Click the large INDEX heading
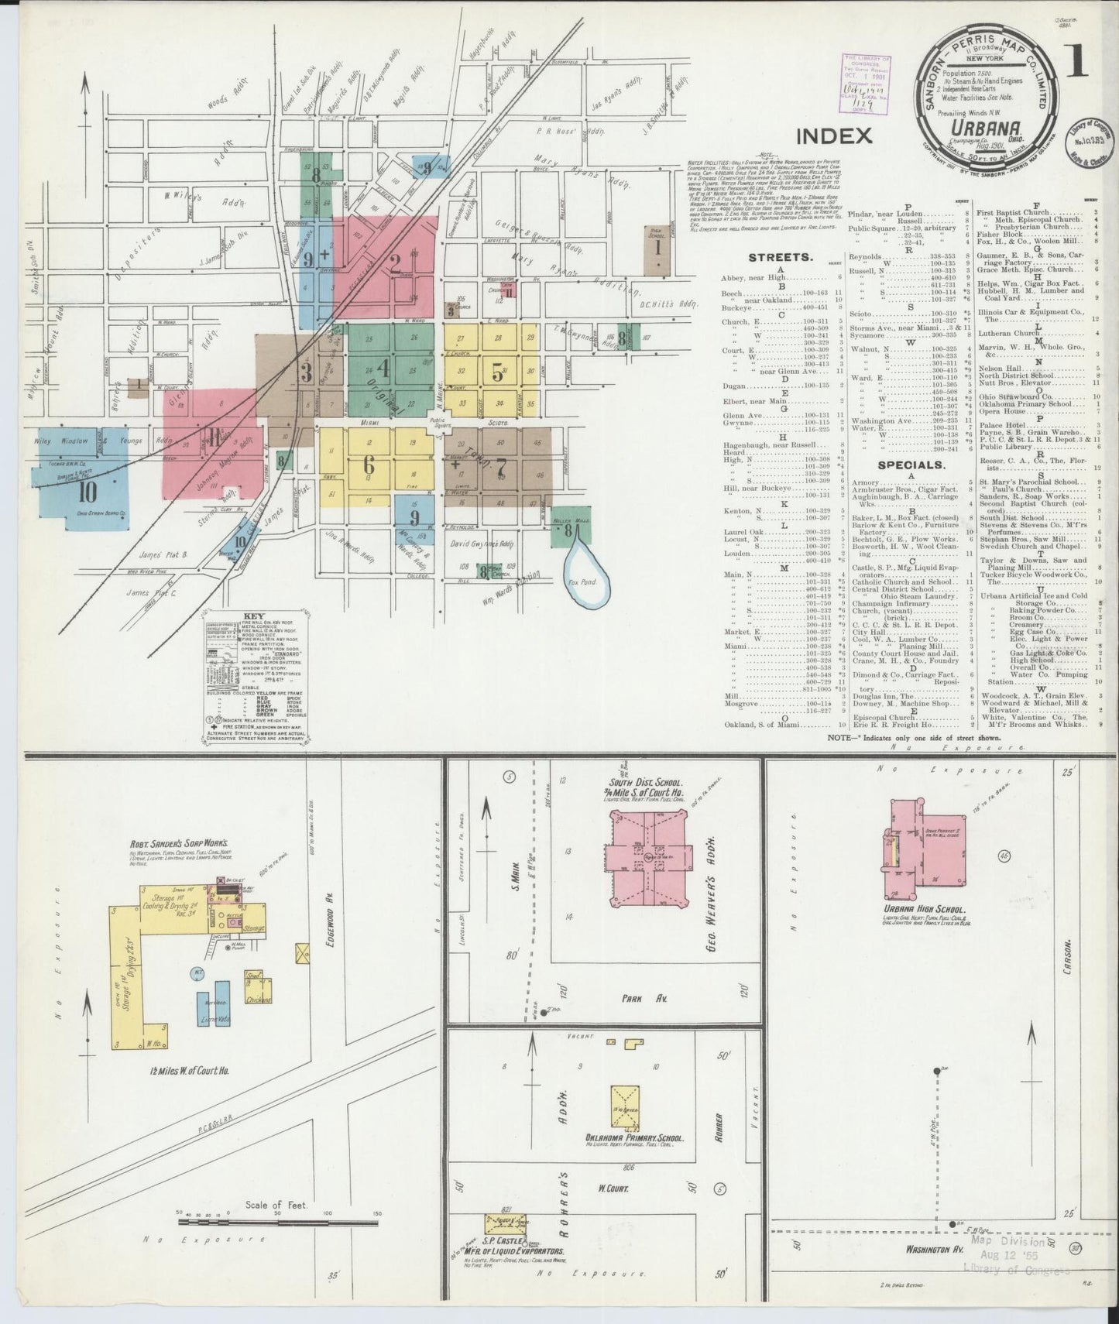834,136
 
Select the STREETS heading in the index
780,257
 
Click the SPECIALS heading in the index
911,465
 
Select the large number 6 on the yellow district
368,465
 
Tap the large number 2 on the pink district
394,264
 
